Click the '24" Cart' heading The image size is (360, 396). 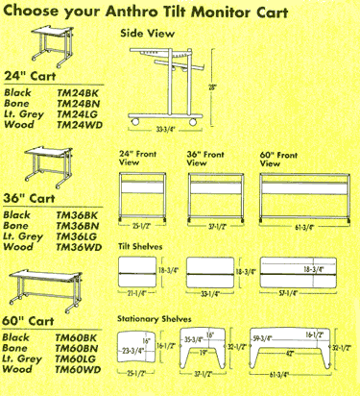tap(28, 75)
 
